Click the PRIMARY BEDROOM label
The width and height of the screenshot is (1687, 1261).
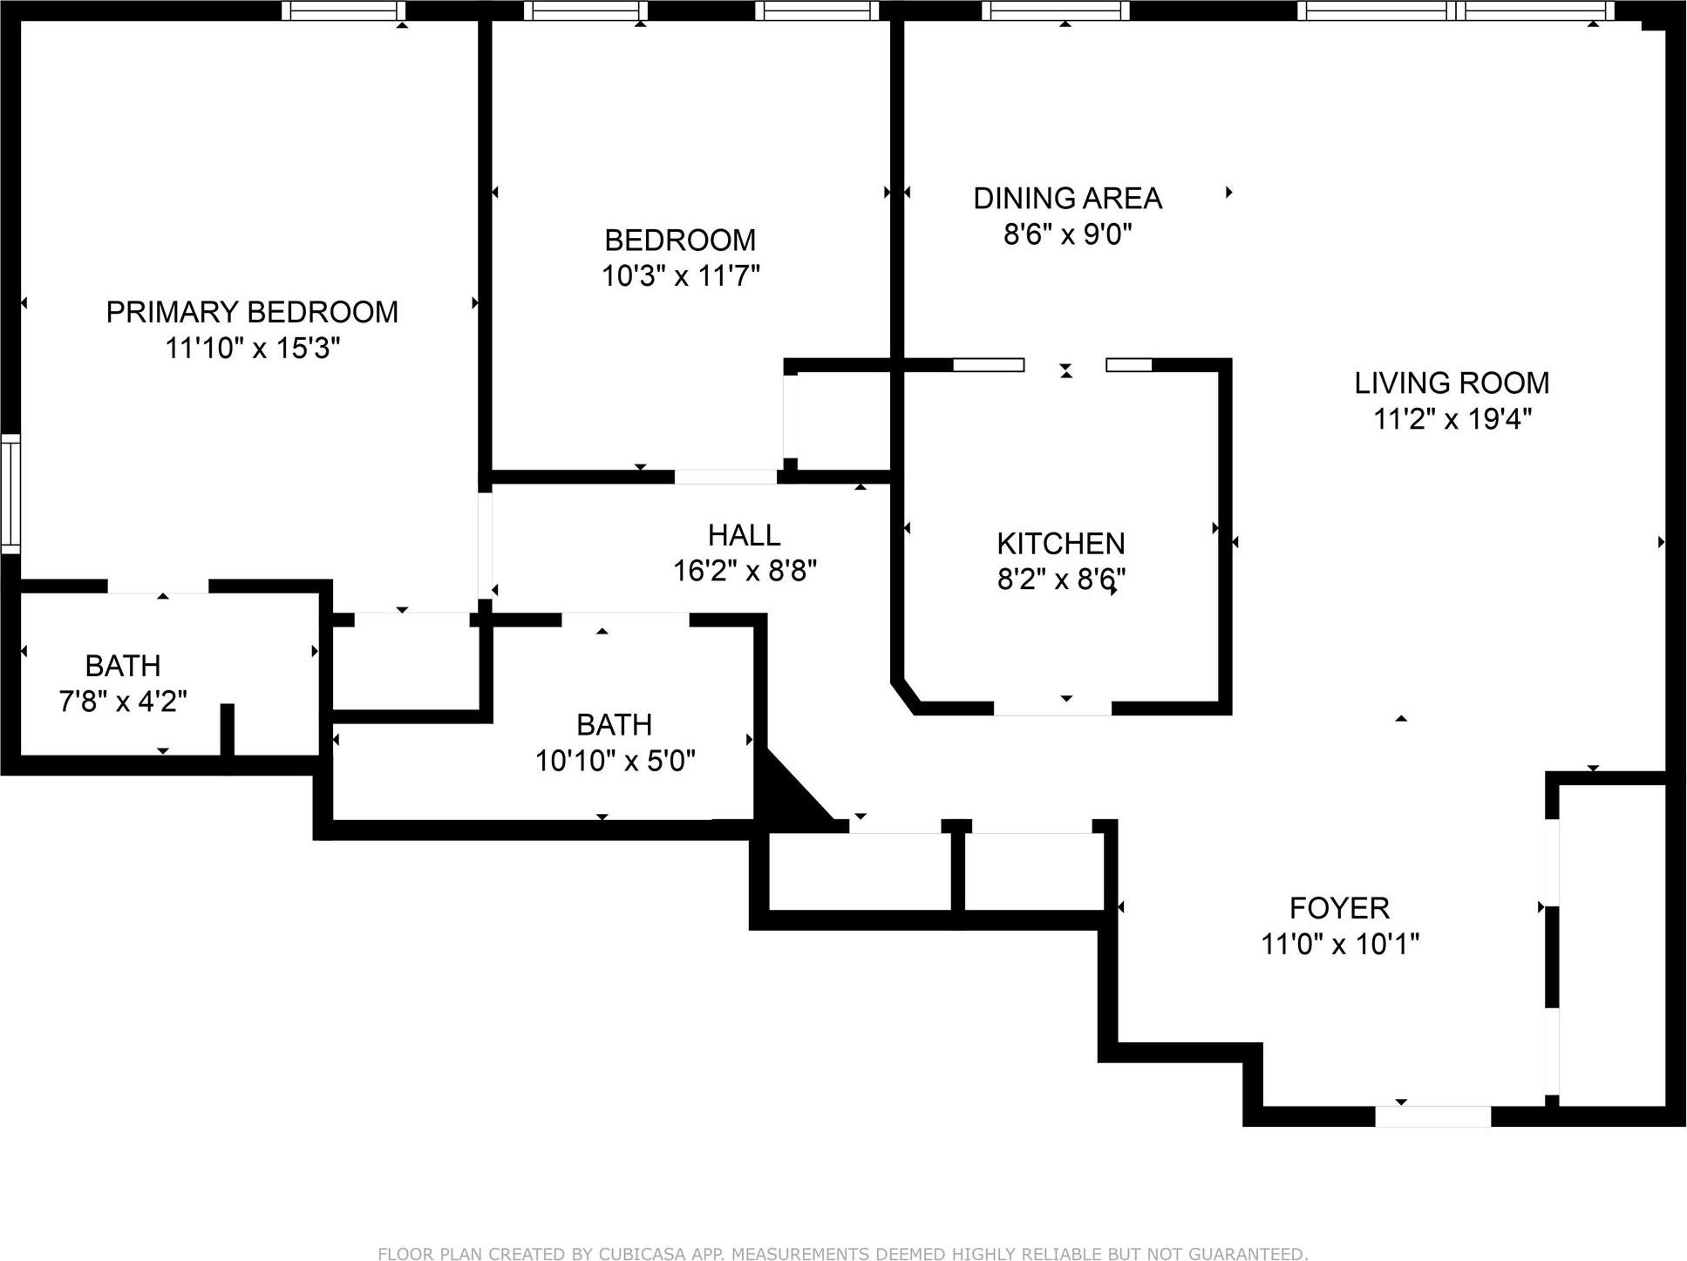(252, 312)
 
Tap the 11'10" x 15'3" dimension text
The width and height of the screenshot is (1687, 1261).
(252, 349)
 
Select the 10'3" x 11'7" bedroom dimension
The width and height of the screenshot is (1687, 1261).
(680, 276)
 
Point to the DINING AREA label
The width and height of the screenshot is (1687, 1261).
(1067, 199)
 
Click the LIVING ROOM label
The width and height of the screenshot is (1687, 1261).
(1452, 383)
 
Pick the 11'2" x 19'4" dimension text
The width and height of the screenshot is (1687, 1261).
(1452, 419)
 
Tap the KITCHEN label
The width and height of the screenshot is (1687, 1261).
(1060, 544)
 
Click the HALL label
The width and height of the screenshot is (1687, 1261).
(744, 534)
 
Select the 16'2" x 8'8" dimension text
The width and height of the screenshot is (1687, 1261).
(744, 571)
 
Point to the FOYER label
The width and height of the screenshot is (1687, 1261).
(1339, 908)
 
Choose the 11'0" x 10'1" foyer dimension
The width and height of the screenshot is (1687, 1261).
(1339, 944)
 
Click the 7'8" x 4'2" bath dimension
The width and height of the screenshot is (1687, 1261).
(123, 702)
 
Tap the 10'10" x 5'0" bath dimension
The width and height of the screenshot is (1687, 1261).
(615, 761)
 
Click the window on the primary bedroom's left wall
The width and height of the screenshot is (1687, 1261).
(10, 493)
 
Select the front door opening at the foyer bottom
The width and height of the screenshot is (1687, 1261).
(1432, 1116)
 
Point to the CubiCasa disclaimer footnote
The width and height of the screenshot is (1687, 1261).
(842, 1253)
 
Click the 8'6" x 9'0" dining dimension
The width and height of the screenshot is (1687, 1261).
(1067, 234)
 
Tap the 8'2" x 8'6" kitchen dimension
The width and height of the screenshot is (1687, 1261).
(1060, 580)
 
